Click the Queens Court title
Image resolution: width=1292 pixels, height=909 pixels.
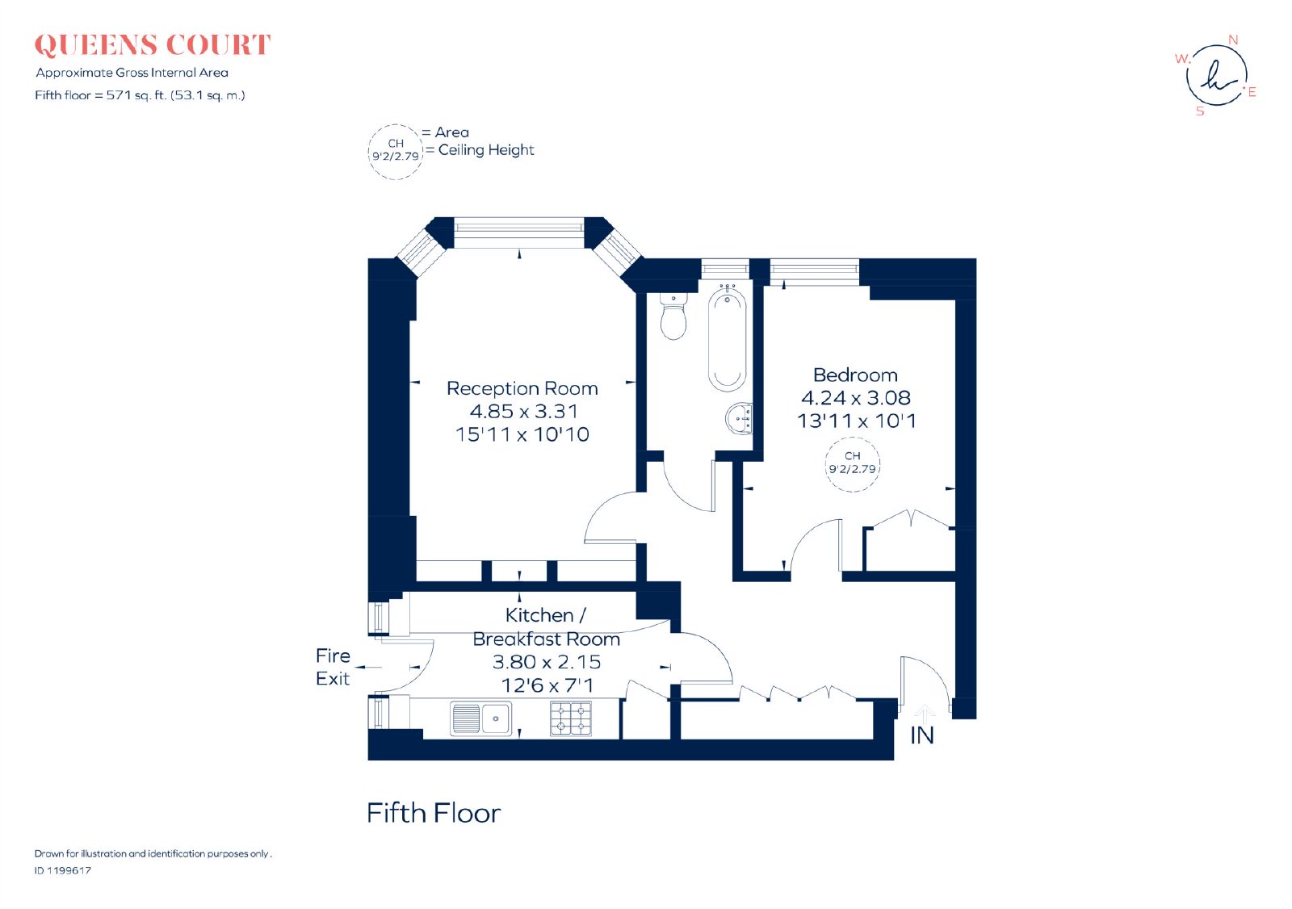(x=153, y=45)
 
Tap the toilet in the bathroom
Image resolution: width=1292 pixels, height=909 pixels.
(x=673, y=316)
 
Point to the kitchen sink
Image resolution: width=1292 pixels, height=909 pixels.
(x=480, y=718)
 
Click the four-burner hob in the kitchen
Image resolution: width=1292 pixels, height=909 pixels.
(x=571, y=718)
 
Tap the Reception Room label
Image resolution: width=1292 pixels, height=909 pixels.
(x=522, y=389)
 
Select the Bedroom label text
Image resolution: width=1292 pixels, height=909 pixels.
(x=855, y=375)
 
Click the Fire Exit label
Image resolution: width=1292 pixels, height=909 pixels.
(x=333, y=668)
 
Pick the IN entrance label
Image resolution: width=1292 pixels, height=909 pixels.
(x=921, y=736)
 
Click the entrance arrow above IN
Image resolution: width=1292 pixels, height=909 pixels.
(x=924, y=714)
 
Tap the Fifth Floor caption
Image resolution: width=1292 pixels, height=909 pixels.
(x=434, y=813)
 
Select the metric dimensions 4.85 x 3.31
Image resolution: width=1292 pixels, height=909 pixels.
(x=524, y=411)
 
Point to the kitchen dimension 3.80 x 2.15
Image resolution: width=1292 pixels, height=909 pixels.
(x=547, y=662)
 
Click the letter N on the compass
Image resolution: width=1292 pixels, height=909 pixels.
(x=1233, y=40)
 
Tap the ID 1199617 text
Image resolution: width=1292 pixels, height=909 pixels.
(x=63, y=871)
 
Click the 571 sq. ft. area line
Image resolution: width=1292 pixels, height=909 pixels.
(x=141, y=95)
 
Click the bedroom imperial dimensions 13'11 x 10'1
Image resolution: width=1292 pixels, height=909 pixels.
(x=857, y=421)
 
